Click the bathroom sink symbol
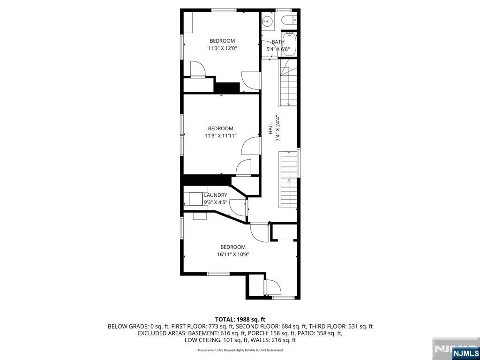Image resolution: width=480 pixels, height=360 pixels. pos(267,21)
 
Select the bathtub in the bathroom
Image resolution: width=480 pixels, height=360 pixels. pos(289,44)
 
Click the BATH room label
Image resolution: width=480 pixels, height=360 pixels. pos(277,42)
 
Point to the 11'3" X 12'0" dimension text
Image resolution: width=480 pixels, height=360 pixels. pos(222,48)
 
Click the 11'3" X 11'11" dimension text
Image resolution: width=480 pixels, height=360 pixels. pos(220,136)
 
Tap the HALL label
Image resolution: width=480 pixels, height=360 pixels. pos(270,128)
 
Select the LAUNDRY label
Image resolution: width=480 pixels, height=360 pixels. pos(215,195)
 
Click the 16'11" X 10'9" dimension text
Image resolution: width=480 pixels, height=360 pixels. pos(232,255)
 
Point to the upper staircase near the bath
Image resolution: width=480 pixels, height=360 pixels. pos(288,83)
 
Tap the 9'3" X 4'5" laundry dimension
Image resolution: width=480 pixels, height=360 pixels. pos(215,202)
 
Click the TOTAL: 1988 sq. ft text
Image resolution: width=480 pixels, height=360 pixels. pos(240,319)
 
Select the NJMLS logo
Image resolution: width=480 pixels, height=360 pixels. pos(465,352)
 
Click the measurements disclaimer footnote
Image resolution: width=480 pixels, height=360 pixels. pos(240,350)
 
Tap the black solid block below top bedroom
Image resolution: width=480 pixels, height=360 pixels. pos(227,88)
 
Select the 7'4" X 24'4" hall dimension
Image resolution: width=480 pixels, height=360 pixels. pos(277,128)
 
